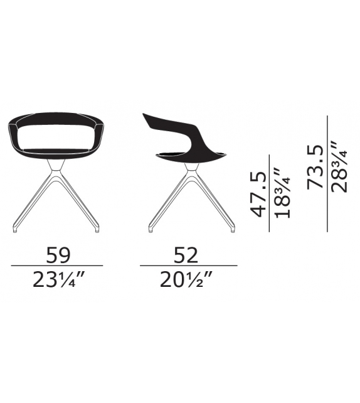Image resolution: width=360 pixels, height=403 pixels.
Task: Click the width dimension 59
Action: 58,255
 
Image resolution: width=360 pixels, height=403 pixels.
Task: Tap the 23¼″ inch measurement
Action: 58,279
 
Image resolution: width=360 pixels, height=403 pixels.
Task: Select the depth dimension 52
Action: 186,255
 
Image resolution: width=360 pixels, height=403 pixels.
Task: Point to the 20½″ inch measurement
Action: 186,279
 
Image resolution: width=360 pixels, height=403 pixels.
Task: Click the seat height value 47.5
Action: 258,195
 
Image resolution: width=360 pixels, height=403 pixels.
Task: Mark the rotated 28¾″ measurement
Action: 339,166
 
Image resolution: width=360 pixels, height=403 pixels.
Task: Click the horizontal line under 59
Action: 57,266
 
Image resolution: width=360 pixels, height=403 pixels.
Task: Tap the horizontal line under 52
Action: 189,266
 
